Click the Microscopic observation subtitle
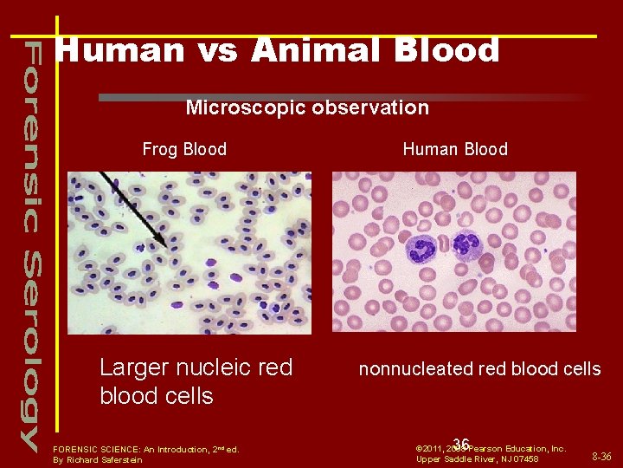[x=307, y=107]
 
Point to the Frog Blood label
[x=184, y=149]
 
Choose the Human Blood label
[x=455, y=149]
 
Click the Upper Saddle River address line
[x=477, y=458]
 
